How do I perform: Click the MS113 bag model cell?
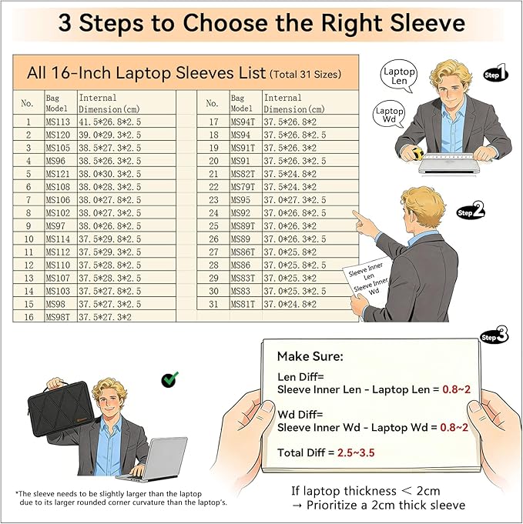(61, 122)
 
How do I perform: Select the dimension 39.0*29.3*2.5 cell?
(126, 135)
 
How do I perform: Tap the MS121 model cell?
(61, 174)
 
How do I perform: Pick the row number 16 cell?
(28, 316)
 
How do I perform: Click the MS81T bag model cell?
(246, 304)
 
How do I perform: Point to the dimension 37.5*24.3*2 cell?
(310, 187)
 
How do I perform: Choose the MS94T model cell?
(246, 122)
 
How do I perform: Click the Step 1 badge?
(496, 73)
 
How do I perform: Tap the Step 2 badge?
(471, 211)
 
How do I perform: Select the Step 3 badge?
(495, 335)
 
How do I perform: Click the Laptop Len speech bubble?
(399, 75)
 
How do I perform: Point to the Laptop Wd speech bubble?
(389, 115)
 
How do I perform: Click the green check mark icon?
(169, 379)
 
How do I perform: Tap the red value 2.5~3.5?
(356, 452)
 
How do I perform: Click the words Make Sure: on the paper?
(310, 356)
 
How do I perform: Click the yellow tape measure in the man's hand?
(417, 152)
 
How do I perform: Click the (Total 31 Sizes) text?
(306, 74)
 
